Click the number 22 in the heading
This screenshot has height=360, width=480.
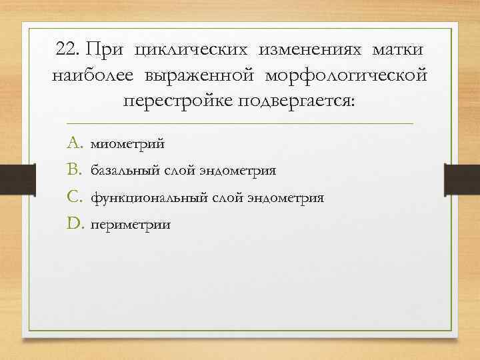(x=67, y=51)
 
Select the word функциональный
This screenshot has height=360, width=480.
(x=149, y=198)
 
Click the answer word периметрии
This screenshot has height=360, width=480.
(x=130, y=225)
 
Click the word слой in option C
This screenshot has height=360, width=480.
(x=227, y=198)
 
